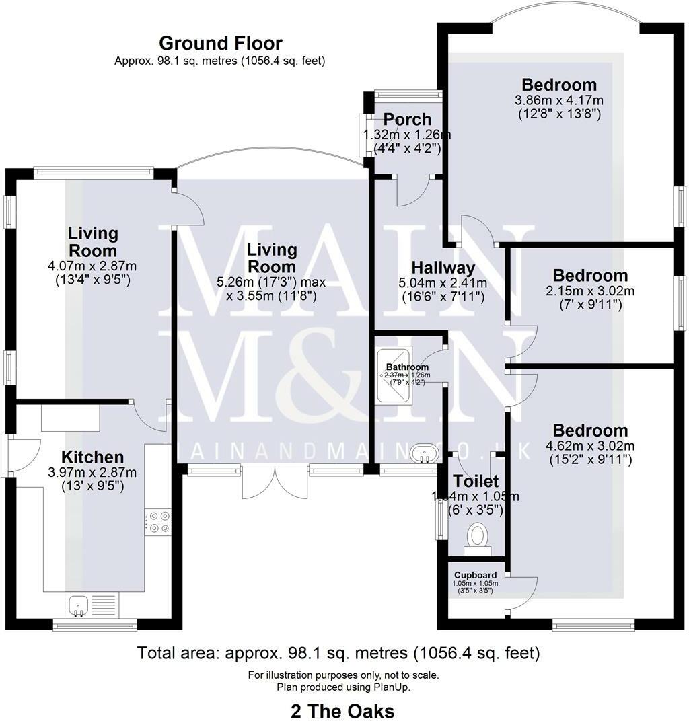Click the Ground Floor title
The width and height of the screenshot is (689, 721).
coord(220,44)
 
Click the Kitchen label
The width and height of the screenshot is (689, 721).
coord(93,457)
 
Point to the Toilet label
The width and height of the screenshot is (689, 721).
coord(476,481)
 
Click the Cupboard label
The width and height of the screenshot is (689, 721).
coord(475,575)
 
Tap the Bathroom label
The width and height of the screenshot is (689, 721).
coord(407,367)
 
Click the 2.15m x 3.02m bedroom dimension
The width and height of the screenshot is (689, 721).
coord(590,291)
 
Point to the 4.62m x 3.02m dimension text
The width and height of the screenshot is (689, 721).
coord(590,446)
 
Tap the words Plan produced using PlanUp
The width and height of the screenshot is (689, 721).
coord(344,687)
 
